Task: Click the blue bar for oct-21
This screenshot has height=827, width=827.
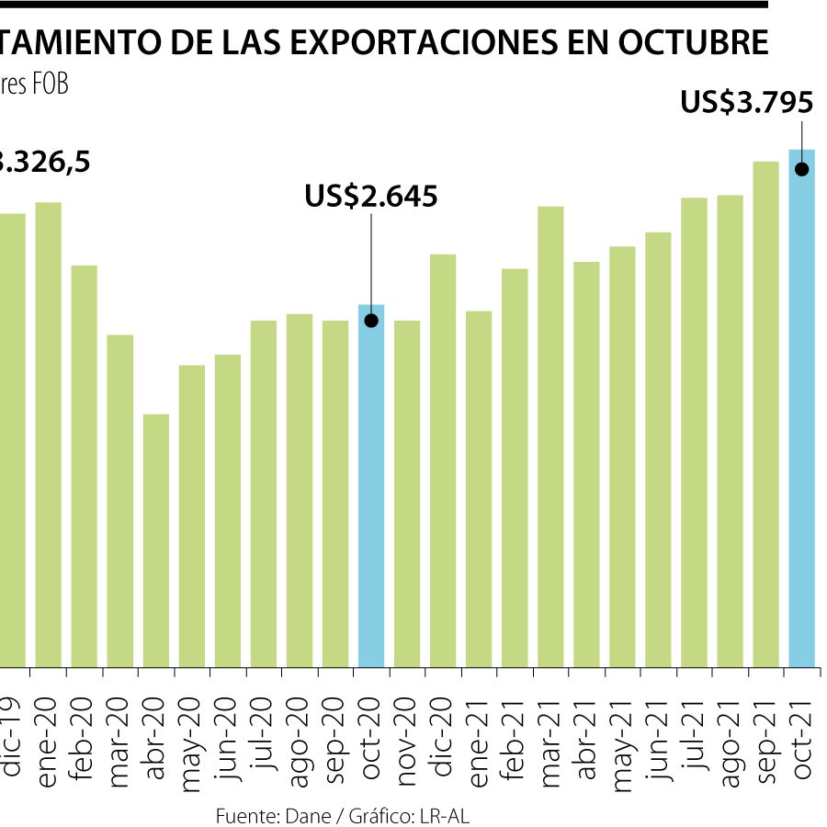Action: point(802,413)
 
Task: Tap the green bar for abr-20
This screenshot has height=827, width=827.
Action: point(156,542)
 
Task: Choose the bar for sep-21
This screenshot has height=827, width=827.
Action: point(766,413)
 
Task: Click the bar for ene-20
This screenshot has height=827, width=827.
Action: point(49,432)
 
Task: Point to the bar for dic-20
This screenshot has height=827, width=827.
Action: point(443,459)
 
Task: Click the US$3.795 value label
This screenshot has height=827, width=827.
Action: point(746,103)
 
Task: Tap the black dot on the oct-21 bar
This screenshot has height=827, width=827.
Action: point(802,168)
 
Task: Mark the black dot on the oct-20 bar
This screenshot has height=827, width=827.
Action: point(371,321)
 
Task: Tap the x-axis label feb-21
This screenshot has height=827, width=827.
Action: point(515,726)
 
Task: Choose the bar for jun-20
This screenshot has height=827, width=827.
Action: point(228,510)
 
